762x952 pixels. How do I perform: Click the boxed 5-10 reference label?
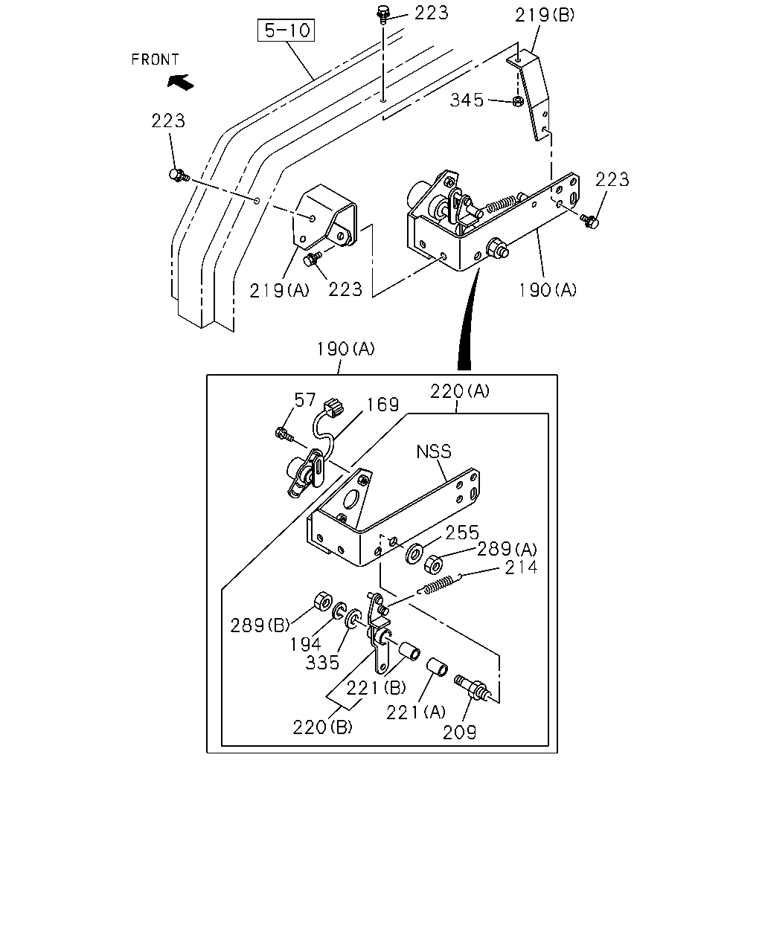(x=286, y=30)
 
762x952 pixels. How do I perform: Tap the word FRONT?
(x=155, y=59)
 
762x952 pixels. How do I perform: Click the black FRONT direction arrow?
(x=181, y=82)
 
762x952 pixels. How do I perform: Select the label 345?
(x=467, y=100)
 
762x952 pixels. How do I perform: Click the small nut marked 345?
(x=518, y=101)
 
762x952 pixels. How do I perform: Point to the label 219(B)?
(x=544, y=16)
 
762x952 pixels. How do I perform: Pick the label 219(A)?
(x=279, y=291)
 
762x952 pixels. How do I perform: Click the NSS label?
(x=434, y=451)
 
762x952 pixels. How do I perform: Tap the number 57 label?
(x=304, y=400)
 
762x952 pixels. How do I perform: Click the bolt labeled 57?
(x=284, y=434)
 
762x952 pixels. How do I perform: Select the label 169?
(x=383, y=405)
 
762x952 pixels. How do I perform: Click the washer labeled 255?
(x=414, y=554)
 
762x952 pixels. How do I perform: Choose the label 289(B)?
(x=260, y=625)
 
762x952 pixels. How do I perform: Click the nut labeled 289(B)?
(x=323, y=601)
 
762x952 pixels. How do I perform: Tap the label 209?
(x=460, y=733)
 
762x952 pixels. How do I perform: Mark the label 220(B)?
(x=322, y=727)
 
